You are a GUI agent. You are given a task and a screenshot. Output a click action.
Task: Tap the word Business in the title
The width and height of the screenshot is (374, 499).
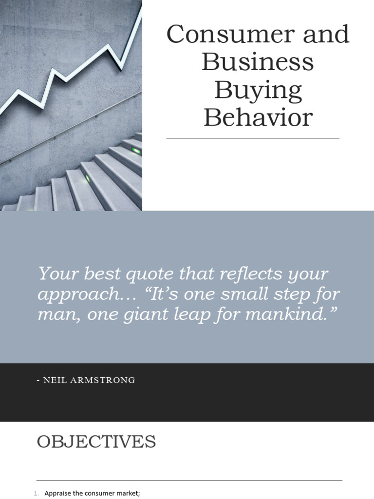[x=258, y=62]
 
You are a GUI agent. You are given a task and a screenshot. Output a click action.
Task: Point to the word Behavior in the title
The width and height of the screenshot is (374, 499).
[x=258, y=117]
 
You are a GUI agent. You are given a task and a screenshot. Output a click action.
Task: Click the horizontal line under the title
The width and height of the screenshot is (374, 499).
[x=253, y=138]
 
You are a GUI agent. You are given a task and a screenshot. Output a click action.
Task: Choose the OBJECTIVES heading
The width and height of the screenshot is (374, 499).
[x=96, y=442]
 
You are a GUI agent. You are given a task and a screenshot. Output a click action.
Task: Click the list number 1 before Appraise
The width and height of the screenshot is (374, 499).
[x=36, y=494]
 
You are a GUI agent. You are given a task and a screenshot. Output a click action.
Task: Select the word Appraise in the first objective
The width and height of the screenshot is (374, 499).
[x=57, y=494]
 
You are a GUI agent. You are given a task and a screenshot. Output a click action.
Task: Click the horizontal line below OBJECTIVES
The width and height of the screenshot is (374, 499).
[x=189, y=480]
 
